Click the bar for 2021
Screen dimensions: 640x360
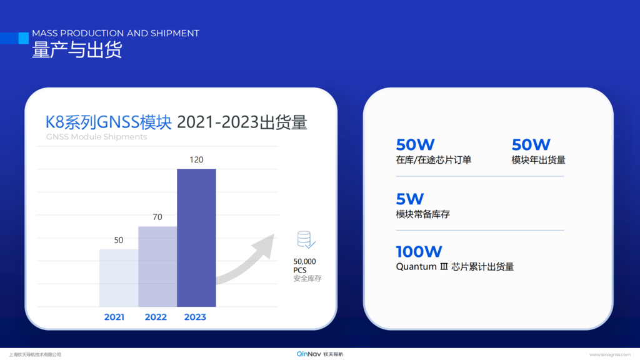(119, 278)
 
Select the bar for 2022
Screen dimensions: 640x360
(157, 266)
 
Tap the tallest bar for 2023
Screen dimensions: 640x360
(196, 238)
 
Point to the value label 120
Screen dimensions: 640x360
(196, 159)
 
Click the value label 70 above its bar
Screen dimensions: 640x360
(157, 217)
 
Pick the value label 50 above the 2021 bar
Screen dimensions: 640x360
(118, 240)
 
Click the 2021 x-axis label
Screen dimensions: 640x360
(114, 317)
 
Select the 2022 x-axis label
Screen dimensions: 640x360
(156, 317)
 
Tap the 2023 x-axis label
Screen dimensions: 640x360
(195, 317)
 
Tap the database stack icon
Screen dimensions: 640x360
(306, 239)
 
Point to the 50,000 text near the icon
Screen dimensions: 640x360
(304, 261)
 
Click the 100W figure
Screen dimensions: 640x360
(419, 251)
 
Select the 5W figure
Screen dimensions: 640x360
(410, 199)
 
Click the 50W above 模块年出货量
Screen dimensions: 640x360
(531, 144)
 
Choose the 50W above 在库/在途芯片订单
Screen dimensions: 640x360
(415, 144)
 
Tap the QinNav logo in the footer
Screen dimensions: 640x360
(319, 354)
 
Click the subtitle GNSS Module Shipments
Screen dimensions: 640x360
(96, 137)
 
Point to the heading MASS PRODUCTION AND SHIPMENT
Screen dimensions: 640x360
(116, 33)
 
